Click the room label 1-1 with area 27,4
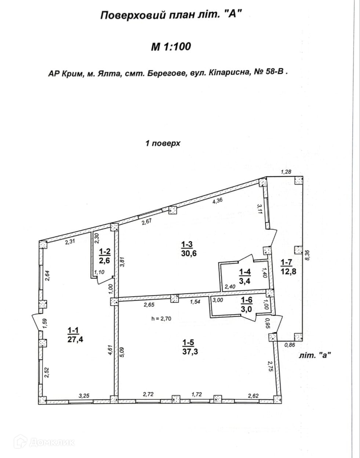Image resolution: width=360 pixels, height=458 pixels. [76, 335]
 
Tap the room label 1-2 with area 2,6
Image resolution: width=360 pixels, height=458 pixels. [105, 255]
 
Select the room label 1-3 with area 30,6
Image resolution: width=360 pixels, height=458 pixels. [189, 248]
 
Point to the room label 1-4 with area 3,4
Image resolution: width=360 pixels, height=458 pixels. [245, 276]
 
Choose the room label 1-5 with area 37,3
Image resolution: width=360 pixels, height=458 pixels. [190, 347]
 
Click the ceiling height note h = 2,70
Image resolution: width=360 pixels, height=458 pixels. [161, 319]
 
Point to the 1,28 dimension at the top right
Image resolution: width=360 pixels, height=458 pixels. [286, 172]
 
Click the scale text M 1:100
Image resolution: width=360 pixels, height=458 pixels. [171, 47]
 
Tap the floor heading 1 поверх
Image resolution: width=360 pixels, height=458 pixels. [163, 143]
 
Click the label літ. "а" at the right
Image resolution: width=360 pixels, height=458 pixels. [315, 355]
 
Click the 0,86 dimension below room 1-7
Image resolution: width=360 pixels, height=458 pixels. [290, 345]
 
